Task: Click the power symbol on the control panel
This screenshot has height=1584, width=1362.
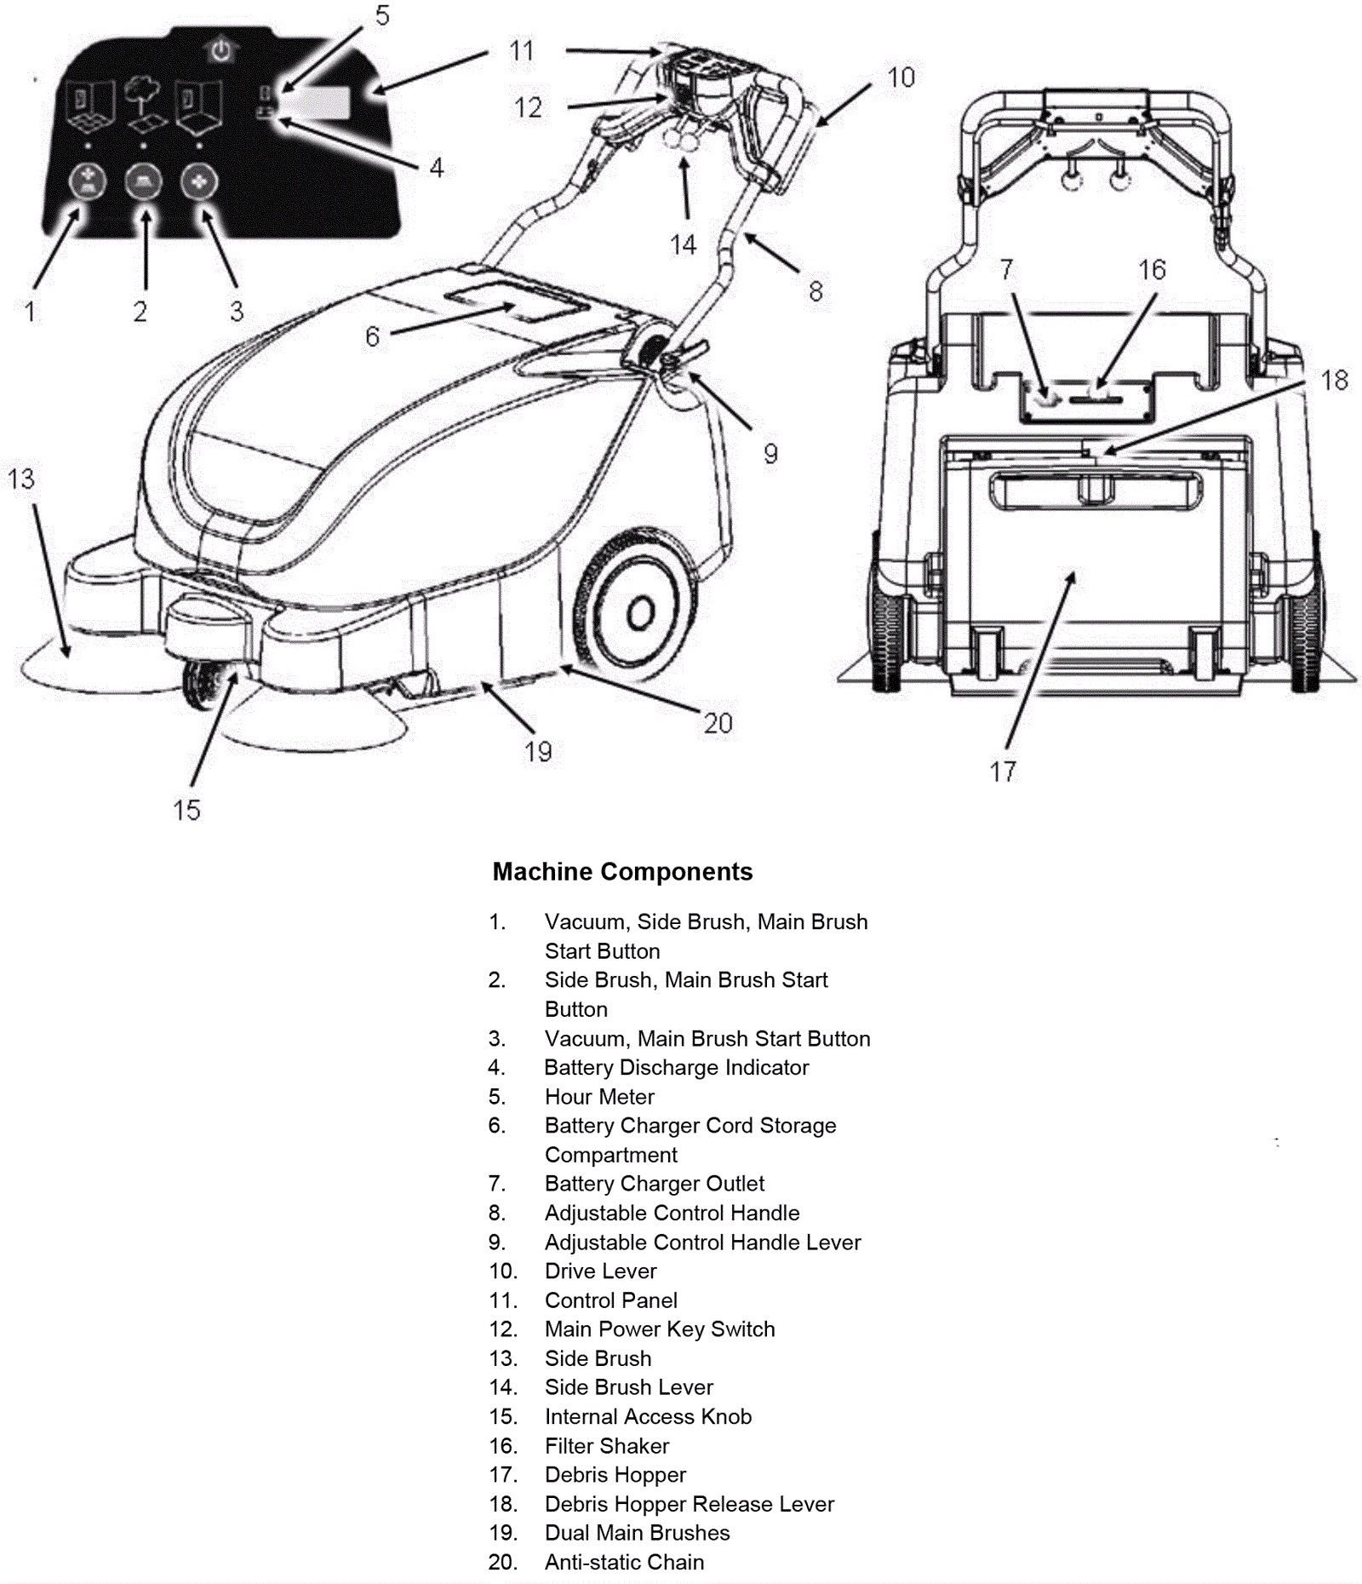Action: click(221, 51)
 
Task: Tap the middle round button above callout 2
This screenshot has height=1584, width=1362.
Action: click(144, 181)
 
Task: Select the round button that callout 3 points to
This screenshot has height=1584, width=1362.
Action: click(199, 181)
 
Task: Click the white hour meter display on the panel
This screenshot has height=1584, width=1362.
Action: click(323, 104)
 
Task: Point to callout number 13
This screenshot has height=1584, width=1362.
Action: click(21, 479)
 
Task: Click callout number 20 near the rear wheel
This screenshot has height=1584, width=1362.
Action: click(718, 723)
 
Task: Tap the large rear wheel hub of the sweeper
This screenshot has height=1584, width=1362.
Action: click(640, 613)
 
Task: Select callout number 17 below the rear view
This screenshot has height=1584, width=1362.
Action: click(1003, 772)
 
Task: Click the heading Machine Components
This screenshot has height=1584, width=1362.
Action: click(622, 871)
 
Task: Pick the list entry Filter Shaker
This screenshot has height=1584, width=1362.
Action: click(606, 1445)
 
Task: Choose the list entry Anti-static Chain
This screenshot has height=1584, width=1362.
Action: click(624, 1562)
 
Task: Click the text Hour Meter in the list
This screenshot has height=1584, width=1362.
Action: click(599, 1096)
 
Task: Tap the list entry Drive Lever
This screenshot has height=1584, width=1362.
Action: click(600, 1271)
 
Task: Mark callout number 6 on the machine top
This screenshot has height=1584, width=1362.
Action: click(372, 336)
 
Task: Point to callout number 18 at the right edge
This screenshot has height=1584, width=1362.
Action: click(1334, 380)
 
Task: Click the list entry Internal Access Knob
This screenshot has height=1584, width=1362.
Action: click(648, 1416)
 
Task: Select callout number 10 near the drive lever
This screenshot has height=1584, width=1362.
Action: click(901, 77)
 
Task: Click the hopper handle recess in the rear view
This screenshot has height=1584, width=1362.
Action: click(1096, 492)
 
